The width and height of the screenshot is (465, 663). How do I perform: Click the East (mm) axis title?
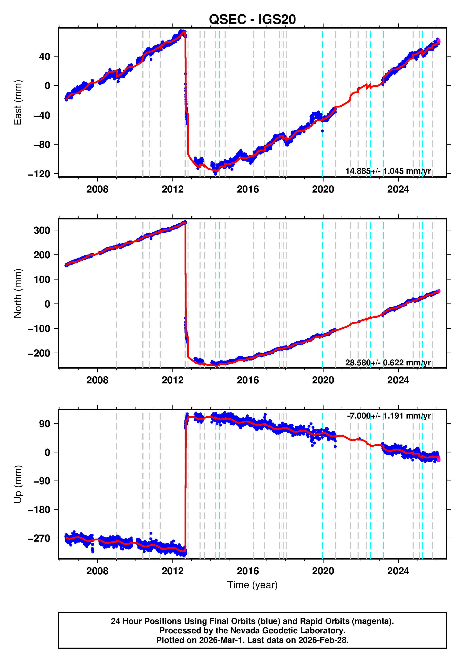(18, 102)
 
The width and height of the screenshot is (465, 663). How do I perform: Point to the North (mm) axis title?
(18, 293)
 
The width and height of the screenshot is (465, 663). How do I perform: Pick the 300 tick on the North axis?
(42, 230)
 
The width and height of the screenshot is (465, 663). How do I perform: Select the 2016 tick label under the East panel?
(248, 189)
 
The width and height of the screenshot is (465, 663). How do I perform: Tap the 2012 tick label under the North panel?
(173, 380)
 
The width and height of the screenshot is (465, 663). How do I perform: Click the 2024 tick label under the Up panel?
(398, 571)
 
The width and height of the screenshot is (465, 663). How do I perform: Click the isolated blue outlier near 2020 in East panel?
(322, 131)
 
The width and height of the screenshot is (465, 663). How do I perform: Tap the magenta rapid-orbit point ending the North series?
(439, 291)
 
